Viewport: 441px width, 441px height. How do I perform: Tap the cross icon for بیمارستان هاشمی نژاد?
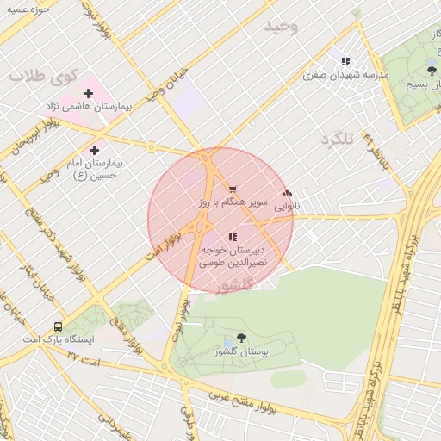(88, 93)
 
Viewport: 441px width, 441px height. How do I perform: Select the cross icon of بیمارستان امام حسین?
(94, 150)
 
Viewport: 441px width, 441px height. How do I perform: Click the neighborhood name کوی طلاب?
(39, 75)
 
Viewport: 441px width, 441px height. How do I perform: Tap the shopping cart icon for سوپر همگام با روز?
(232, 189)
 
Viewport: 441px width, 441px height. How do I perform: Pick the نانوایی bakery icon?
(287, 194)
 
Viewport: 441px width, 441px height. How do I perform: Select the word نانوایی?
(288, 207)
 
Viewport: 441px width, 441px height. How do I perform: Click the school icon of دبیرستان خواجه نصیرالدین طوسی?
(232, 236)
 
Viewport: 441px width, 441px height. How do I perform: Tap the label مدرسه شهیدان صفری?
(345, 75)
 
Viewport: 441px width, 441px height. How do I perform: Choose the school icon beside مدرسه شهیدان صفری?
(345, 62)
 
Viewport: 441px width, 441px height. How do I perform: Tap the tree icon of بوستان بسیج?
(432, 70)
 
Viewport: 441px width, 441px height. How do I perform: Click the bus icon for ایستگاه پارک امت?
(58, 327)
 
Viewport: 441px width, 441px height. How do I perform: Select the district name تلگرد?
(338, 140)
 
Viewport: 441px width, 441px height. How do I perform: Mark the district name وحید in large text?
(281, 26)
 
